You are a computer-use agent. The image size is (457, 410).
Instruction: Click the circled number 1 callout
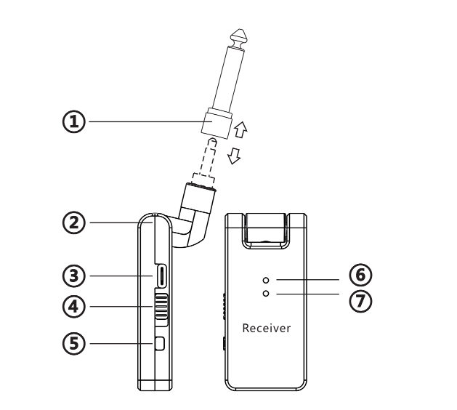74,121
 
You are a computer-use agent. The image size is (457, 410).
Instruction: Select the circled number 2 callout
74,222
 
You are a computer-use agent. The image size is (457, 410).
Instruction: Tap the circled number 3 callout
74,276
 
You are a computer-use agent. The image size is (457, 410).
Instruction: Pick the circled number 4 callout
74,307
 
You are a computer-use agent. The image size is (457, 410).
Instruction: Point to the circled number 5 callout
74,343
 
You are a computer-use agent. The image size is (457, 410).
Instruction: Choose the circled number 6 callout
360,275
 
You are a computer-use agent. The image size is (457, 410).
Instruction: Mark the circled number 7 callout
360,301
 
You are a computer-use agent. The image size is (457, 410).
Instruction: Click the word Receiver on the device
267,329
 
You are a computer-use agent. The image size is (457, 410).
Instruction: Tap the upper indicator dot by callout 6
266,281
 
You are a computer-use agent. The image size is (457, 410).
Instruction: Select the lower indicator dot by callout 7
266,294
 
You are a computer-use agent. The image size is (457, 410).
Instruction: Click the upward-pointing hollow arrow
240,129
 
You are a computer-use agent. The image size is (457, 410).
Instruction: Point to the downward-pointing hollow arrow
234,156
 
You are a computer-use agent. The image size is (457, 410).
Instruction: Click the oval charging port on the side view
161,276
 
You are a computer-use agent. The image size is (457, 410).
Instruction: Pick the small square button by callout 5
160,344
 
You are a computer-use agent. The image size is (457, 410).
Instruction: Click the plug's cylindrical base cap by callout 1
217,123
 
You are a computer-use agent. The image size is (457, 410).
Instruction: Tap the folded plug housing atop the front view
265,228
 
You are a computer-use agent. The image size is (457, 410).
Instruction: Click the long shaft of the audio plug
230,79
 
